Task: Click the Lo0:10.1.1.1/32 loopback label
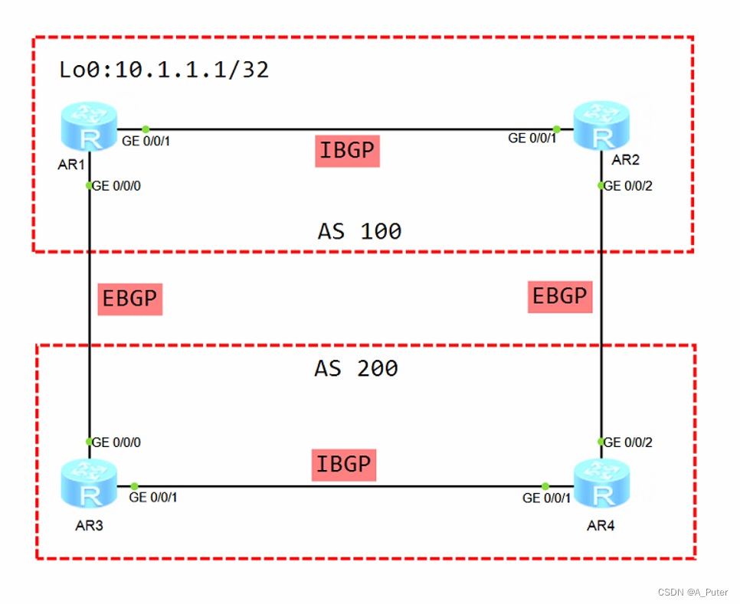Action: tap(164, 70)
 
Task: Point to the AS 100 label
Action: tap(359, 231)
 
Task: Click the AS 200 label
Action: tap(356, 369)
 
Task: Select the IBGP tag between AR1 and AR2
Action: tap(347, 151)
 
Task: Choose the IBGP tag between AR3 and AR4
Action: tap(344, 464)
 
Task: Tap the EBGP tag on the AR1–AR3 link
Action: tap(129, 299)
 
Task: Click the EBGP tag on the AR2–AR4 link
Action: tap(559, 295)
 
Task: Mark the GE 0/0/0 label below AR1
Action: tap(116, 186)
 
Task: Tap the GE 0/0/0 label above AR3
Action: tap(116, 442)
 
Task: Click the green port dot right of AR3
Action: tap(134, 486)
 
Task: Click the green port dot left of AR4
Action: tap(545, 486)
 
